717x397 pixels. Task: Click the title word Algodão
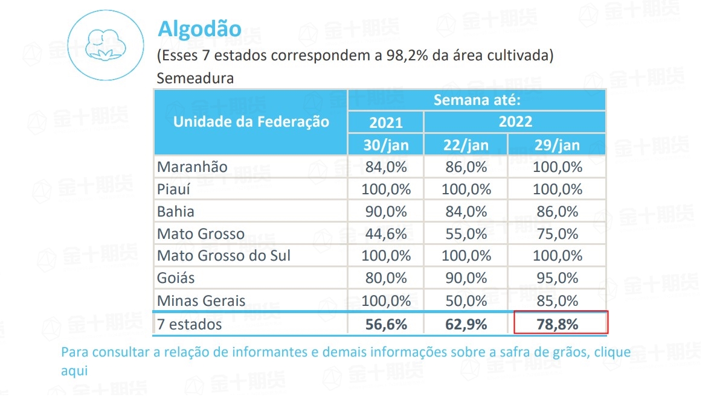(x=199, y=29)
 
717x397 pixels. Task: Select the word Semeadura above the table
(x=195, y=78)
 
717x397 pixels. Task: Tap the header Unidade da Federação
(x=251, y=122)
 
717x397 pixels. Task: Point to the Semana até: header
(x=477, y=100)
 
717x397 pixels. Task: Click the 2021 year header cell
(x=385, y=122)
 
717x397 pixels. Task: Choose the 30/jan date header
(x=385, y=145)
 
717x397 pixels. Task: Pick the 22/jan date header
(x=465, y=145)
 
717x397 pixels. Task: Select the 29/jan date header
(x=556, y=145)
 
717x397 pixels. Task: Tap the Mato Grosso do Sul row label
(x=223, y=256)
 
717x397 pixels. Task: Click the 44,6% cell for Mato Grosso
(x=385, y=233)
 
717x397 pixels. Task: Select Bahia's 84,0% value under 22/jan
(x=465, y=212)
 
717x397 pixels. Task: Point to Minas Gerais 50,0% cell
(x=465, y=300)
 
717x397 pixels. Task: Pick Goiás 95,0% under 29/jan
(x=556, y=278)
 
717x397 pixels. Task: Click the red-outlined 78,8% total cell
(x=559, y=323)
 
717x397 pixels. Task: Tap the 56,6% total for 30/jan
(x=385, y=324)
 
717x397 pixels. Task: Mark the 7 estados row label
(x=189, y=324)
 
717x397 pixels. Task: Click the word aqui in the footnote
(x=74, y=370)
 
